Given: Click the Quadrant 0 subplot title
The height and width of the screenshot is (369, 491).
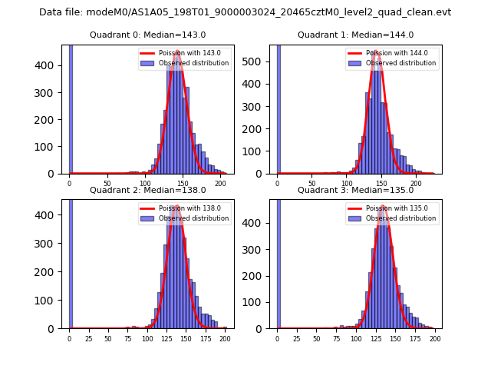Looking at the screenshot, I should [147, 35].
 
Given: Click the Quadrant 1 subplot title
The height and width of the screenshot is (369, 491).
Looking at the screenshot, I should [355, 35].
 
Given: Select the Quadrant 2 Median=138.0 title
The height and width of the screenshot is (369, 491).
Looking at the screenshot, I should [147, 190].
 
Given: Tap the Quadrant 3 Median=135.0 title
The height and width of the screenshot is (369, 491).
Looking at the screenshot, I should [355, 190].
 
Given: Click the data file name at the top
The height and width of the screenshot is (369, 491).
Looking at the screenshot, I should [245, 12].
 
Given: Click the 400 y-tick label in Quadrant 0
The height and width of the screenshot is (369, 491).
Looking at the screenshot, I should [52, 65].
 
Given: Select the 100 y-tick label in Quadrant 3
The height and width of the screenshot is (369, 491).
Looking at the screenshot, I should [260, 302].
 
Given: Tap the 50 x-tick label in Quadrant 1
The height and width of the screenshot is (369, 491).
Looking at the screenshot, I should [312, 184].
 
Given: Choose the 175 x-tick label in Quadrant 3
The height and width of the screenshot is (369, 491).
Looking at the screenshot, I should [415, 339].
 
